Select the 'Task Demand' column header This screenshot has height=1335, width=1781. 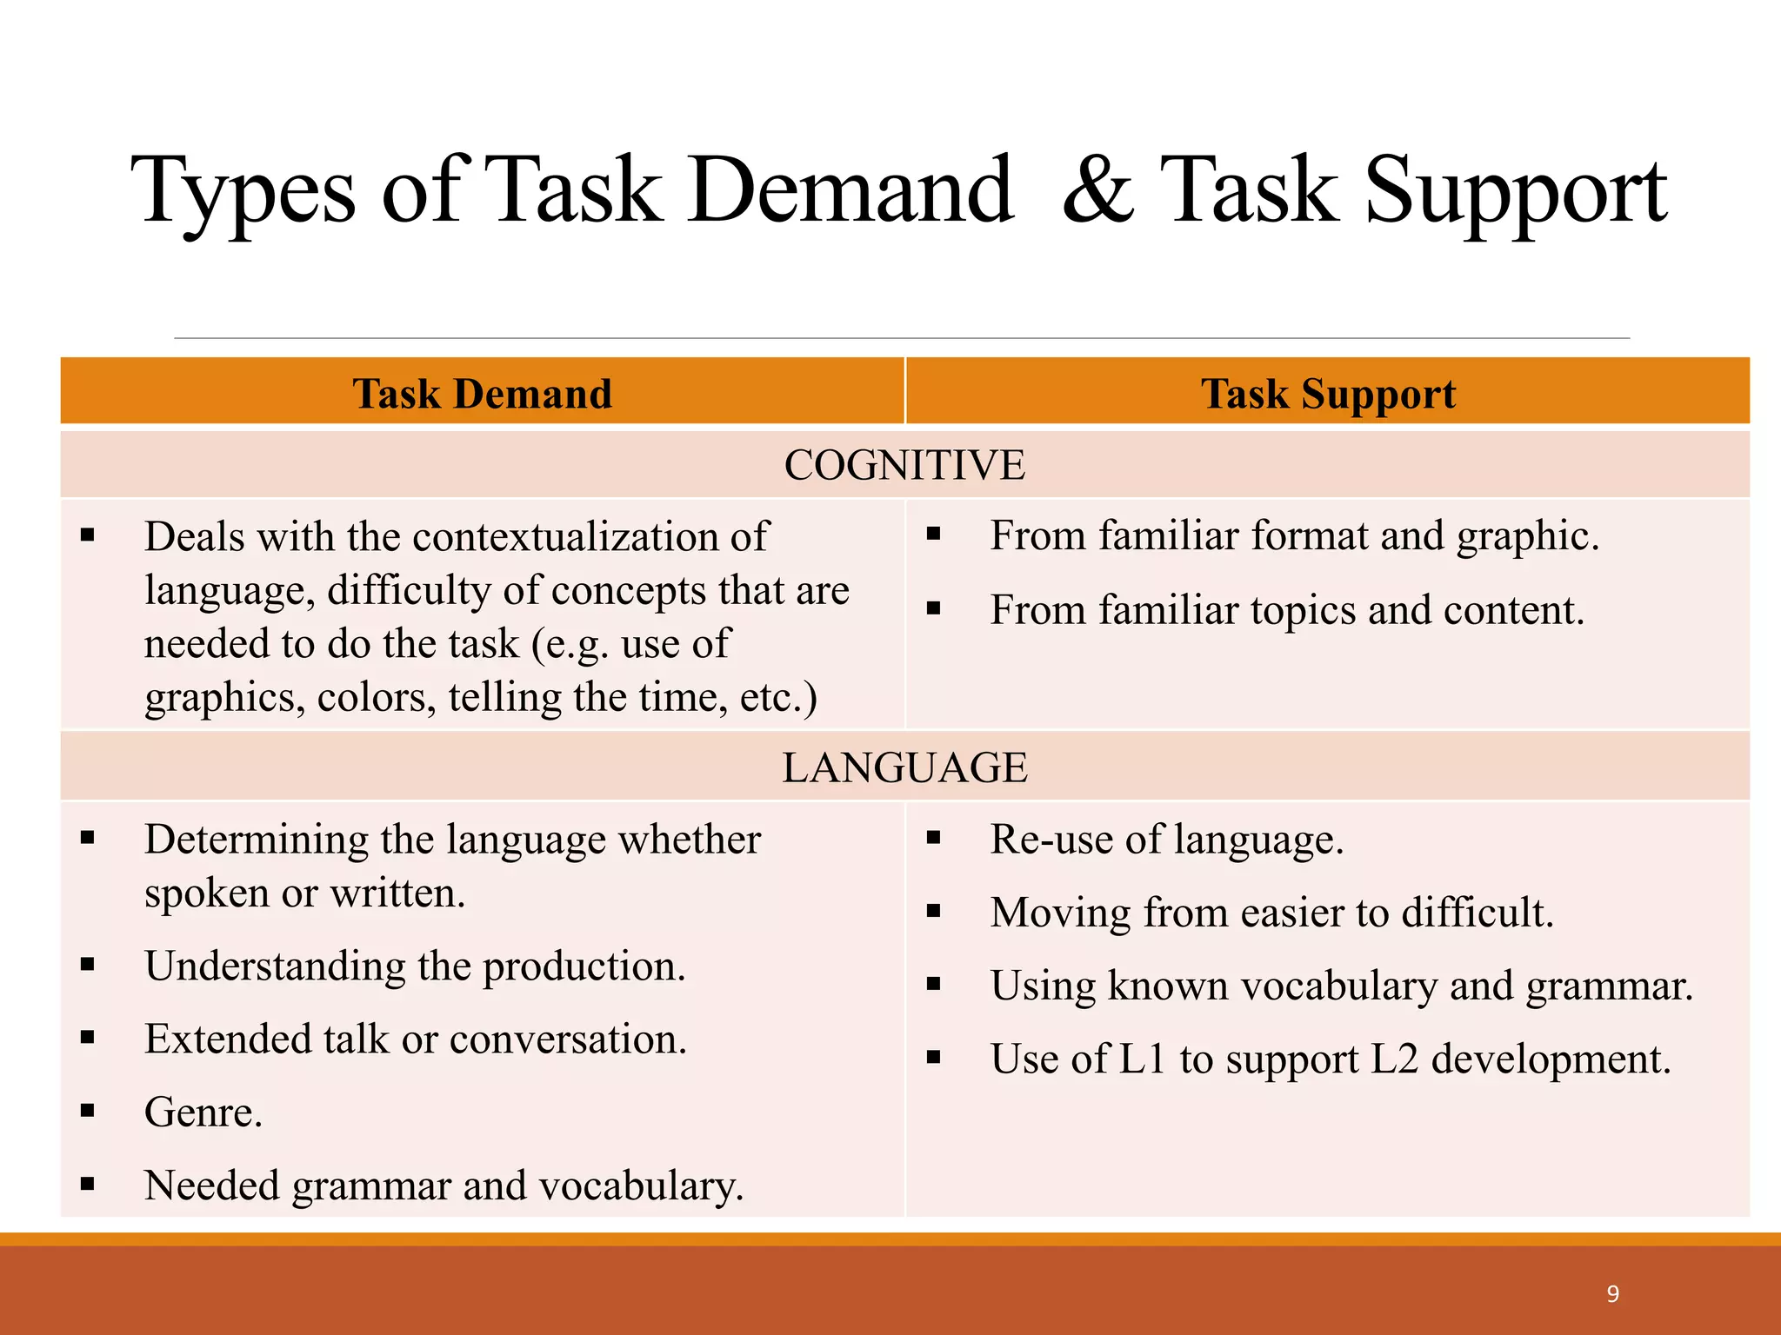482,394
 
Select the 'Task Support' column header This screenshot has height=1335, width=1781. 1328,394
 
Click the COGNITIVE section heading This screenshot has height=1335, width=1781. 904,465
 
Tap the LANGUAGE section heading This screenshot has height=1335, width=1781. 904,767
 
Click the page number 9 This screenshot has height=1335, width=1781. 1613,1294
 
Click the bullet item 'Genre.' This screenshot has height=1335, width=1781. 203,1112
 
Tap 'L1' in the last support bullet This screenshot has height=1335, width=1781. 1141,1059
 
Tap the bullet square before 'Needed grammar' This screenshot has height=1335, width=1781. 87,1184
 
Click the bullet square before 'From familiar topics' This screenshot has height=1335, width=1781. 934,608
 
